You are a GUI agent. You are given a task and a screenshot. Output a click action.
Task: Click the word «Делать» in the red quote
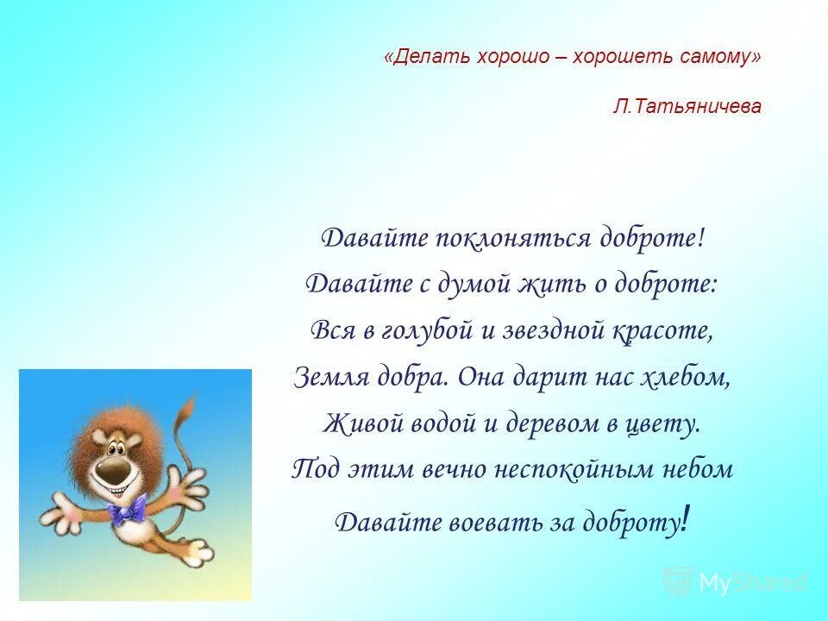click(424, 56)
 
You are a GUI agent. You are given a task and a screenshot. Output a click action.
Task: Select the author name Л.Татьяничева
click(687, 106)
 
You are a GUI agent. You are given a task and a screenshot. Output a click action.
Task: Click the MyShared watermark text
click(752, 582)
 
